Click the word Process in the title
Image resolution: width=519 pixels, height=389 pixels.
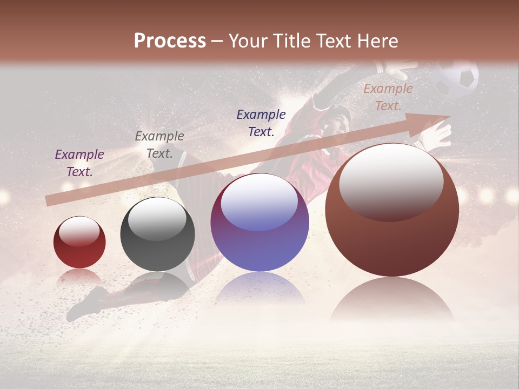(170, 41)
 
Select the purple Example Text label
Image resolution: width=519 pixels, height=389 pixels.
(79, 163)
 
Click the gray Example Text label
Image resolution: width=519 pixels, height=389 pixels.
(159, 144)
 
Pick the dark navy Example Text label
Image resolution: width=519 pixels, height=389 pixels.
(261, 123)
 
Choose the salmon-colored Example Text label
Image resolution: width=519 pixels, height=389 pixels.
(388, 97)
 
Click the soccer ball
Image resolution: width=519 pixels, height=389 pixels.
(457, 78)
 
